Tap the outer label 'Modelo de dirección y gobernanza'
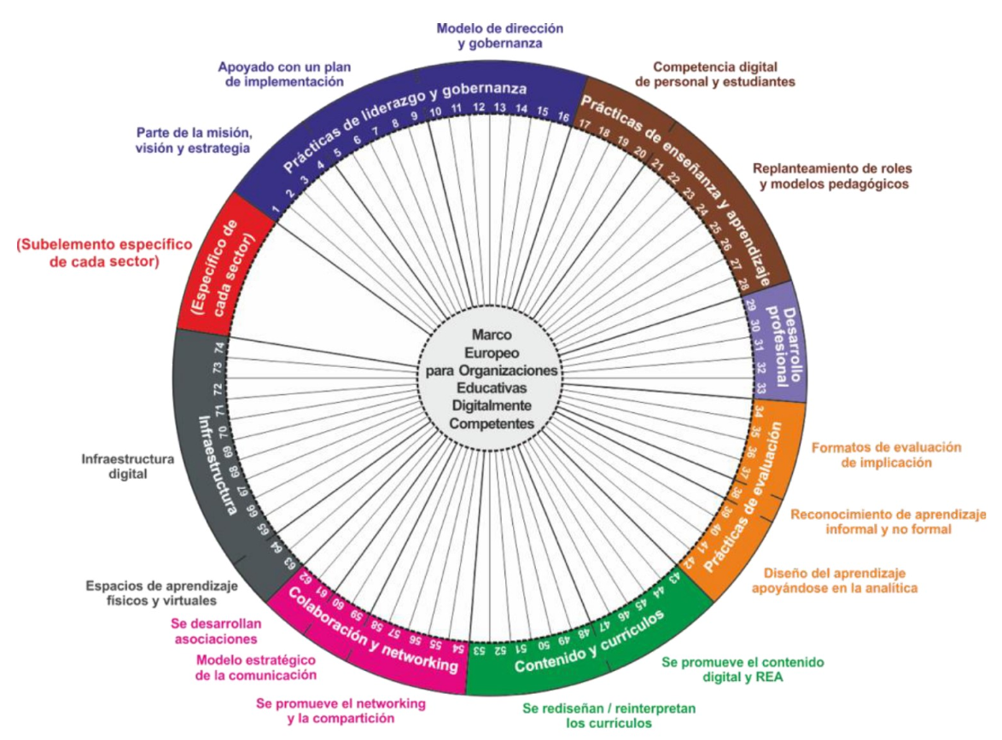[x=500, y=36]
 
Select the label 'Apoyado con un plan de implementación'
[x=283, y=74]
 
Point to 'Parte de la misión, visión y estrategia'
[x=193, y=141]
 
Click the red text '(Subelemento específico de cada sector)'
[x=104, y=253]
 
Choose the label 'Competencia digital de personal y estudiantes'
[x=714, y=74]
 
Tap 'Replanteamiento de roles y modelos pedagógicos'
[x=833, y=177]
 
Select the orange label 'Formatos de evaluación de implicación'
[x=886, y=455]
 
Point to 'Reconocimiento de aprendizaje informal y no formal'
[x=888, y=521]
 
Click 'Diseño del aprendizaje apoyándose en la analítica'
[x=835, y=580]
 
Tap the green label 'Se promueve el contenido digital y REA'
[x=743, y=669]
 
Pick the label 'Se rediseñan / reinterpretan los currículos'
[x=609, y=716]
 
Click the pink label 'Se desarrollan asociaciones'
[x=216, y=631]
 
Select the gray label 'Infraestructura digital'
[x=128, y=467]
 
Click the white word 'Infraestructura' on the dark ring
[x=216, y=465]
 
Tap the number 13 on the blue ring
[x=500, y=108]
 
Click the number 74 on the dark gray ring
[x=220, y=348]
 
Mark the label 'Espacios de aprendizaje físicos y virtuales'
[x=161, y=593]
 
